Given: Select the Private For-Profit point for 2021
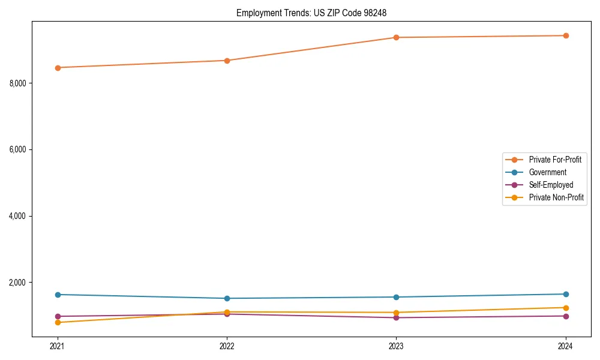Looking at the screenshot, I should coord(58,68).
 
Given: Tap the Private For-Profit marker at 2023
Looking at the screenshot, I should coord(396,37).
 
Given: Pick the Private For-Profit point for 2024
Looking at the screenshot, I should coord(566,35).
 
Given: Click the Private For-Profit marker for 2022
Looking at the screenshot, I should coord(227,61).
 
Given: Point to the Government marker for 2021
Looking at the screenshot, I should coord(58,295).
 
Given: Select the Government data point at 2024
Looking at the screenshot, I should coord(566,294).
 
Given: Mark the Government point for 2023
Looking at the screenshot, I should coord(396,297).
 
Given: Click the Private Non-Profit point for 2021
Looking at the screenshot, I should coord(58,322).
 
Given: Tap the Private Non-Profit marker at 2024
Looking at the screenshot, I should coord(566,308).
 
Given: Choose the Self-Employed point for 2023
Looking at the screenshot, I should coord(396,317).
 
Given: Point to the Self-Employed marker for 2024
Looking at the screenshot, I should coord(566,316).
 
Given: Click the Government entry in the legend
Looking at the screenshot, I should coord(547,172).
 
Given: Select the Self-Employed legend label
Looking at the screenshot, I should coord(551,185).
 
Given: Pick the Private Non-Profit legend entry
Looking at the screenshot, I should coord(556,197).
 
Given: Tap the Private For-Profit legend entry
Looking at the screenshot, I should coord(555,160).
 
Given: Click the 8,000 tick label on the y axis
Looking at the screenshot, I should coord(18,83).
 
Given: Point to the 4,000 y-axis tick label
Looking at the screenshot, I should coord(18,216).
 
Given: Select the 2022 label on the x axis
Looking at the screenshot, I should coord(227,346).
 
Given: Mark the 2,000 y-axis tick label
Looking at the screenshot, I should coord(18,283).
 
